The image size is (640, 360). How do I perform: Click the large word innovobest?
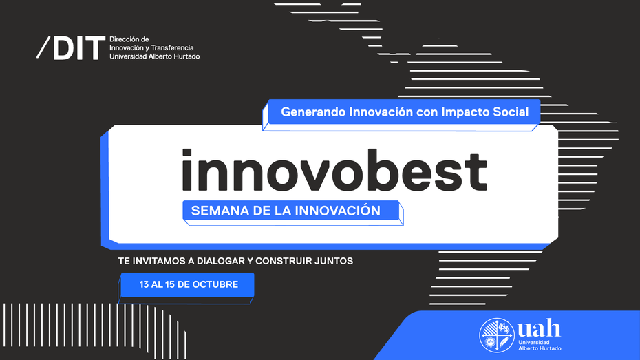click(x=334, y=170)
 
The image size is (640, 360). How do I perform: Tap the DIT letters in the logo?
click(x=78, y=48)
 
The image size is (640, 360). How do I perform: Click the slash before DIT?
click(x=43, y=47)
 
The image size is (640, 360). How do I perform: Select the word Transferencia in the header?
click(x=172, y=47)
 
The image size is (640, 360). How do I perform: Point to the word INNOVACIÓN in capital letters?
click(x=338, y=210)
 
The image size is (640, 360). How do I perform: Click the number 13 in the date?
click(x=144, y=284)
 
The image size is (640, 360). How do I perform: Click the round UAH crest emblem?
click(x=496, y=335)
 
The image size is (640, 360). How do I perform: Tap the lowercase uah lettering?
click(x=539, y=328)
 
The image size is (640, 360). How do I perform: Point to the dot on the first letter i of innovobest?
click(x=186, y=153)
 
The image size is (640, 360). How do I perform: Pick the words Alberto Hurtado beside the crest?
click(x=540, y=348)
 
